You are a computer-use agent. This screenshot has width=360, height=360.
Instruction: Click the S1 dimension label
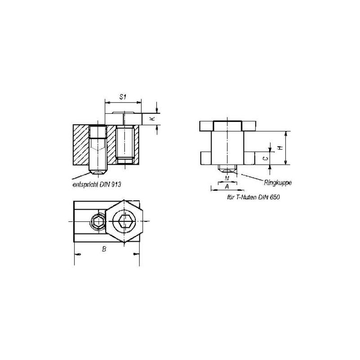pos(123,97)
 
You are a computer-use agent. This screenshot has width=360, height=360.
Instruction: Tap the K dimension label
pos(152,119)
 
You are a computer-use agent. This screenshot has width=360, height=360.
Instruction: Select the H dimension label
pos(280,148)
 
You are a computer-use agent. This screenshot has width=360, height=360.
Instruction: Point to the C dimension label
pos(265,158)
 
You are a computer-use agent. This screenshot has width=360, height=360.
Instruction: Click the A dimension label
pos(227,187)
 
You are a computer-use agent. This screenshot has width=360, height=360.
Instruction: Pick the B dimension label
pos(104,249)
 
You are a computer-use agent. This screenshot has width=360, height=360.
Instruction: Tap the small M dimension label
pos(227,178)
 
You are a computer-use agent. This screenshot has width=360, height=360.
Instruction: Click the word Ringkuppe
pos(278,183)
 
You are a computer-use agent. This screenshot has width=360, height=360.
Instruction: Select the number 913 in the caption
pos(117,184)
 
